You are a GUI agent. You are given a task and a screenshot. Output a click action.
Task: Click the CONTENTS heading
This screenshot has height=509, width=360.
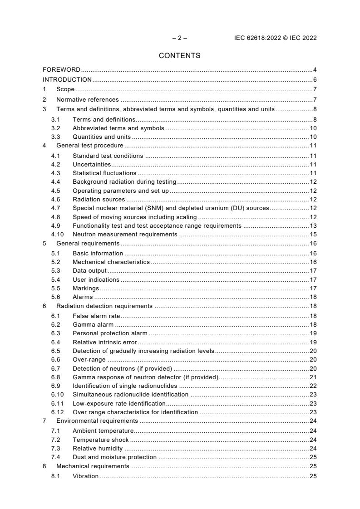180,56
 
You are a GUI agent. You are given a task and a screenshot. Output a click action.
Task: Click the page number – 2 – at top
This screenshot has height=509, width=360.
180,38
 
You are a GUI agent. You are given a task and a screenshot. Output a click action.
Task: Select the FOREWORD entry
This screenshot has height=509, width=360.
61,69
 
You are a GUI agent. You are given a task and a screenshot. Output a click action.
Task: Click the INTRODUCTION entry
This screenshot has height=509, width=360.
67,79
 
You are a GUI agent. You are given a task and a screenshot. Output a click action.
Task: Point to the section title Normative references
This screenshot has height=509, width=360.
87,99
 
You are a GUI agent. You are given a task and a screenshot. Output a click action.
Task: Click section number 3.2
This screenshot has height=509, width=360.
55,128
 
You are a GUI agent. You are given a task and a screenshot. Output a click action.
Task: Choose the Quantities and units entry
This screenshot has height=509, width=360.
101,137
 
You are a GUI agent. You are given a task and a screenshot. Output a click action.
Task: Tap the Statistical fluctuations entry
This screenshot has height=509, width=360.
104,173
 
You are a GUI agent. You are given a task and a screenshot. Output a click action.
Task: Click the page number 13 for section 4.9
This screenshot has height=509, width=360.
313,225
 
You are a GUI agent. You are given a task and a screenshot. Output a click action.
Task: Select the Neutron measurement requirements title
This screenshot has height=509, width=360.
125,235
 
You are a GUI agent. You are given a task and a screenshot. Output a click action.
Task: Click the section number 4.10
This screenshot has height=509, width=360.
57,235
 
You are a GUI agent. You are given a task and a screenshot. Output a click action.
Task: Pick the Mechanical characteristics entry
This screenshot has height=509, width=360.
111,262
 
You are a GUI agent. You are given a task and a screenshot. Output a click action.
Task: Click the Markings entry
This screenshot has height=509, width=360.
86,288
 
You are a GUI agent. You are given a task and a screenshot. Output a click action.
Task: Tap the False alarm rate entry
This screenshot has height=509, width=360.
95,315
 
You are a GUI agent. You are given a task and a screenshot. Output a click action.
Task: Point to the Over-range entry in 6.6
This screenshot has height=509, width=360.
89,359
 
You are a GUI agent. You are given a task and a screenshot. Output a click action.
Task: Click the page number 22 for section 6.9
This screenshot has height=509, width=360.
313,386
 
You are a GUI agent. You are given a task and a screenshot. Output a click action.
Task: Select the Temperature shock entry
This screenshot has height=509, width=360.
100,440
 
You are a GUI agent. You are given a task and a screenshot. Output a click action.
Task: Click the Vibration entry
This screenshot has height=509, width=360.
85,476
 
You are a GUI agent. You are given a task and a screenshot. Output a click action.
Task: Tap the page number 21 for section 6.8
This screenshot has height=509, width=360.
313,377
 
